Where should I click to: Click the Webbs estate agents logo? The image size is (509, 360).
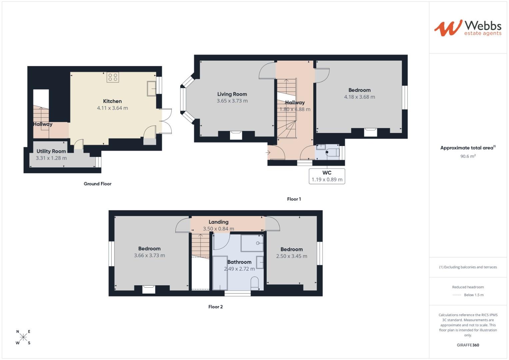point(467,28)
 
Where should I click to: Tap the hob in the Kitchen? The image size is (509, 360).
point(113,77)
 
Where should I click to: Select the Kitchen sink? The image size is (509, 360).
point(151,88)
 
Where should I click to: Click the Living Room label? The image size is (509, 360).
point(232,94)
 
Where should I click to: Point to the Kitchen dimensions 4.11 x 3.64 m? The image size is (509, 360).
point(112,108)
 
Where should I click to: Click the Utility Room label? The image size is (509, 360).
point(51,151)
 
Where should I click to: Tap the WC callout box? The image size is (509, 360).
point(327,176)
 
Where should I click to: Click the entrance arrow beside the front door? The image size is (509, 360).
point(268,153)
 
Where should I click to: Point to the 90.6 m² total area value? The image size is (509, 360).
point(468,156)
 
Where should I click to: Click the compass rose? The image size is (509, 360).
point(23,337)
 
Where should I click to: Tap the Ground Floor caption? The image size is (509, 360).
point(97,184)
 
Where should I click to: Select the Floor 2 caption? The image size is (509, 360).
point(215,307)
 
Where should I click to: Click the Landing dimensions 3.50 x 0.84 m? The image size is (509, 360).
point(218,229)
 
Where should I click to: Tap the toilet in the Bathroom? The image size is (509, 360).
point(254,282)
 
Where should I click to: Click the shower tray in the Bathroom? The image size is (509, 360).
point(252,243)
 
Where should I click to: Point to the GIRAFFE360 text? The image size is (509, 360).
point(468,345)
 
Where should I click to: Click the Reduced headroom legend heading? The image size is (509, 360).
point(468,287)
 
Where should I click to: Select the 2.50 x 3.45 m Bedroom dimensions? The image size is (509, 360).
point(292,256)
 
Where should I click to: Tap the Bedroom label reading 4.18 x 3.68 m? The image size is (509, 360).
point(359,90)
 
